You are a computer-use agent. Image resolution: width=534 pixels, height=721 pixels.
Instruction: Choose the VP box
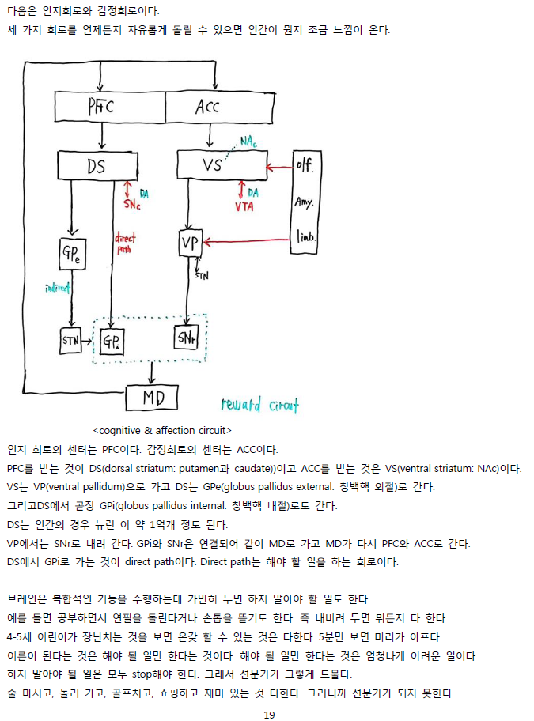click(191, 243)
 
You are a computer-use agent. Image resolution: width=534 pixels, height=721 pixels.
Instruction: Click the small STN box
click(70, 341)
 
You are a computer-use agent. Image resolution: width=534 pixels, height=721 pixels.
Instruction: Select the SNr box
click(186, 338)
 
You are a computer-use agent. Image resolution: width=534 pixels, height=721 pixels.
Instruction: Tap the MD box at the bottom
click(153, 398)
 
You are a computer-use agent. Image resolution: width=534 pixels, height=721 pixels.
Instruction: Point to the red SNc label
click(132, 204)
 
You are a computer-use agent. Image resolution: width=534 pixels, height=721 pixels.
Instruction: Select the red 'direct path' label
click(125, 242)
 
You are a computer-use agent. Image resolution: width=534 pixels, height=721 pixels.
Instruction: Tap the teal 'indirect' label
click(57, 289)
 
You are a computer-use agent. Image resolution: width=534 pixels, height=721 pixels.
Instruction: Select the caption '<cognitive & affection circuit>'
click(161, 430)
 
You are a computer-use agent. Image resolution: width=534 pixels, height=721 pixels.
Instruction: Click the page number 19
click(269, 715)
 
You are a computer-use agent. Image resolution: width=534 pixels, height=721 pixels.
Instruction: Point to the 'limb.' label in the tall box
click(305, 236)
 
